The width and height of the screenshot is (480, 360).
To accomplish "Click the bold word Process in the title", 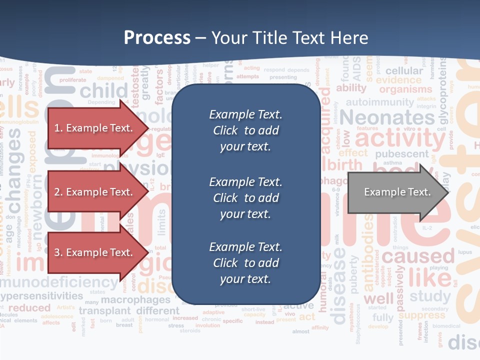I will [157, 38].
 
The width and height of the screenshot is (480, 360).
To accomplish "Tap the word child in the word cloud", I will [104, 91].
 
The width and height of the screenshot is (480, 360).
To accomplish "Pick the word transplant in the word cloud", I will [105, 310].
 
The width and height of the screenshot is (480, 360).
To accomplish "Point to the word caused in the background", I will [411, 257].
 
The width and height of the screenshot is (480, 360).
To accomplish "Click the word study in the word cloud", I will [430, 296].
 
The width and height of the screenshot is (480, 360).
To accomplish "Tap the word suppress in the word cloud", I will [422, 315].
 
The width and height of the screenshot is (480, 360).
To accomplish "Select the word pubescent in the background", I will [402, 154].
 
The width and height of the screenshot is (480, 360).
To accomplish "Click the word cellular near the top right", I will [404, 71].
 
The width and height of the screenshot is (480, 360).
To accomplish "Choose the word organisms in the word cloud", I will [405, 90].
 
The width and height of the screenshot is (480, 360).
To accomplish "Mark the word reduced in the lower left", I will [29, 307].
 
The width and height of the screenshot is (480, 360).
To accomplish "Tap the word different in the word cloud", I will [157, 310].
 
